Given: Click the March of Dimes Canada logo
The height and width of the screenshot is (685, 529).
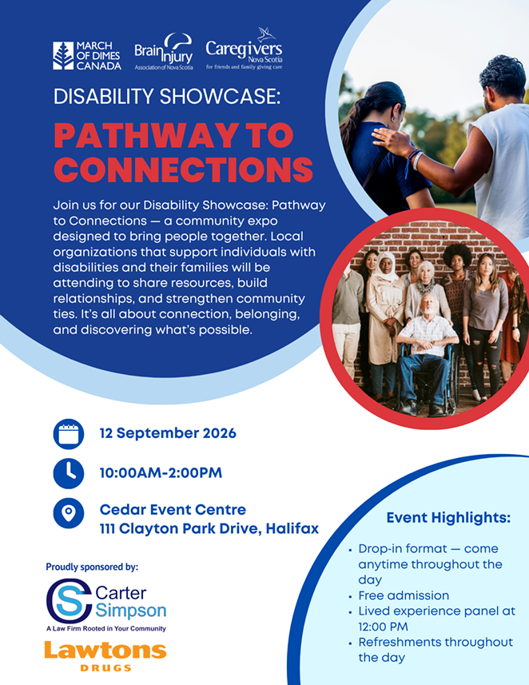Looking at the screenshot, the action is (87, 56).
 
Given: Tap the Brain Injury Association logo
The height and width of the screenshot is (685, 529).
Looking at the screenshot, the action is (164, 51).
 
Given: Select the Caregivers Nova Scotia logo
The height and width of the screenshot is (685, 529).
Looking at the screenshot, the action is (244, 49).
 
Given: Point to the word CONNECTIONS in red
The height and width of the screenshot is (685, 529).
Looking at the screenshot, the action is (184, 169).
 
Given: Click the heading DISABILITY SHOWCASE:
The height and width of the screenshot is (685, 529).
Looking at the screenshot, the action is (167, 97).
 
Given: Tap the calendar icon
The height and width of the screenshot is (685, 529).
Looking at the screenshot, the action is (69, 434).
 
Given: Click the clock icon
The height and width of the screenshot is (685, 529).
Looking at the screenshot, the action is (69, 473).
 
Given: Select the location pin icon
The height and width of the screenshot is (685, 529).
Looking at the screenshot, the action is (69, 513).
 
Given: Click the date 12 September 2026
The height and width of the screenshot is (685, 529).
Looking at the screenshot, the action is (168, 433).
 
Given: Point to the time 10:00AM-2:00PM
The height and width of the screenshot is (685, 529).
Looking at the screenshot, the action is (161, 472).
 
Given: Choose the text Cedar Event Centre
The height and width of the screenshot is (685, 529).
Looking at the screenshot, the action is (173, 509).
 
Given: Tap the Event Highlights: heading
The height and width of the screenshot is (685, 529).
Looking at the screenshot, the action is (448, 518).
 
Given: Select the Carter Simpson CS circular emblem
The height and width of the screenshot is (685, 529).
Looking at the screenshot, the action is (70, 601).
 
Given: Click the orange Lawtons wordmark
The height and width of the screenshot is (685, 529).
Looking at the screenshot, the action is (105, 650).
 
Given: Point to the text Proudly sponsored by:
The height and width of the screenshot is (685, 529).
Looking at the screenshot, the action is (92, 567).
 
